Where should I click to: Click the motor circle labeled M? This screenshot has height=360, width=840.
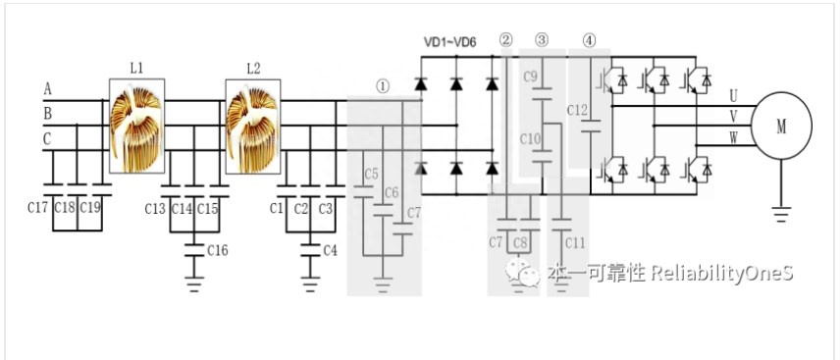pyautogui.click(x=781, y=126)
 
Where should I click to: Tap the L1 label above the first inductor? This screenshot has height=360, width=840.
pyautogui.click(x=136, y=69)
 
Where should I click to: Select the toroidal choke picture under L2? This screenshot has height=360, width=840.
pyautogui.click(x=253, y=127)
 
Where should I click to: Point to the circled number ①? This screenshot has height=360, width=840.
pyautogui.click(x=383, y=86)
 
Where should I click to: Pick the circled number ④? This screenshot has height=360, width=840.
pyautogui.click(x=589, y=40)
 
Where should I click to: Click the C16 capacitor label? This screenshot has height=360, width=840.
pyautogui.click(x=218, y=250)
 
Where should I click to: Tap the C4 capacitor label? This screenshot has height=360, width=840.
pyautogui.click(x=330, y=250)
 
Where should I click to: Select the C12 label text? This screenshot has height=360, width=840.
pyautogui.click(x=577, y=110)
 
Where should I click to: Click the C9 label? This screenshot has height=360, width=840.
pyautogui.click(x=530, y=77)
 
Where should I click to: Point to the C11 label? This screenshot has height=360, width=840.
pyautogui.click(x=575, y=243)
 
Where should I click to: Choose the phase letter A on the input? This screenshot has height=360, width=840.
pyautogui.click(x=48, y=89)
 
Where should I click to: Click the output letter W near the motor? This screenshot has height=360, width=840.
pyautogui.click(x=733, y=138)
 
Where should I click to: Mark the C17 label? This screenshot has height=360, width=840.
pyautogui.click(x=38, y=208)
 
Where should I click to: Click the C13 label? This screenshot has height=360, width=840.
pyautogui.click(x=155, y=209)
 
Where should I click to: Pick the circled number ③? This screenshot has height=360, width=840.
pyautogui.click(x=542, y=40)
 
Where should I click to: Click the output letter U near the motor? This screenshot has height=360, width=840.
pyautogui.click(x=733, y=96)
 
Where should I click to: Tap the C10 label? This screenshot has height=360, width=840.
pyautogui.click(x=530, y=140)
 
